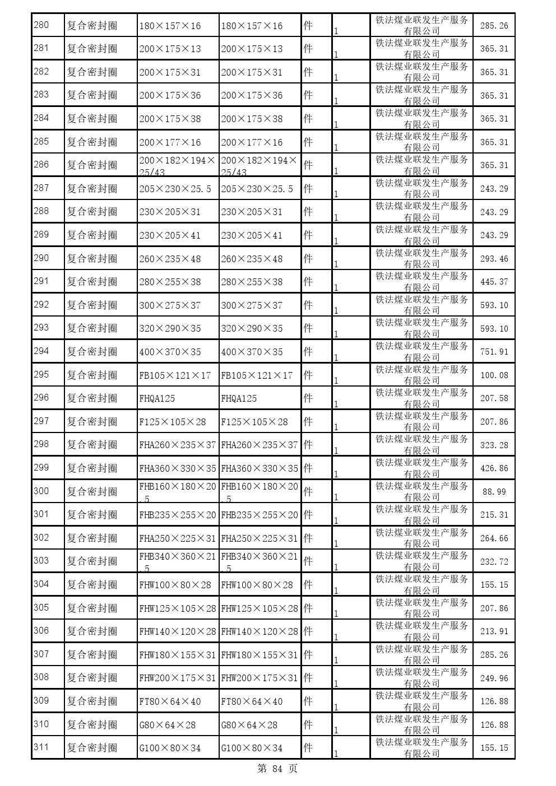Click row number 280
(x=41, y=25)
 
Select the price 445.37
(x=494, y=282)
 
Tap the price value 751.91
(x=494, y=352)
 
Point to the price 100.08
(x=494, y=375)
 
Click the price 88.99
(x=494, y=492)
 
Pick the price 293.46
(x=494, y=259)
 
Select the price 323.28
(x=494, y=445)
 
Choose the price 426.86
(x=494, y=468)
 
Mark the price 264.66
(x=494, y=538)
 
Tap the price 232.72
(x=494, y=562)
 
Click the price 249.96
(x=494, y=678)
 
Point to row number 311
(x=41, y=747)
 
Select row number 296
(x=41, y=398)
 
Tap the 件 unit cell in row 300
(x=308, y=491)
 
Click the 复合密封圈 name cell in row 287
(x=92, y=189)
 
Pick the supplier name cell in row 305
(x=421, y=608)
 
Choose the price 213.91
(x=494, y=631)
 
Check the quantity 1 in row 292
(x=336, y=311)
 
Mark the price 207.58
(x=494, y=398)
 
